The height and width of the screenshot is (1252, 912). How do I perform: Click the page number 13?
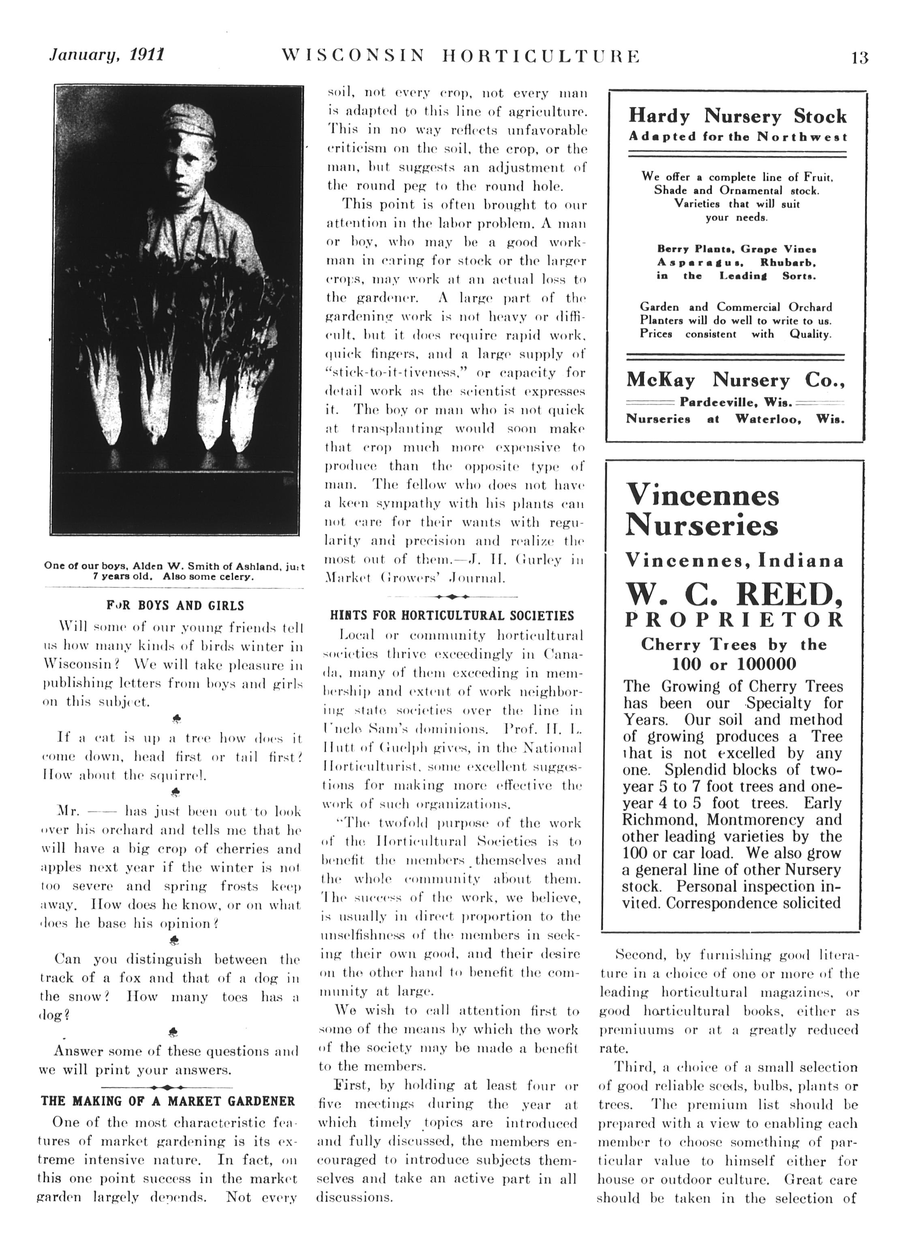[x=860, y=58]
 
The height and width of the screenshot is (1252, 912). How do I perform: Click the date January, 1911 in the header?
[x=107, y=55]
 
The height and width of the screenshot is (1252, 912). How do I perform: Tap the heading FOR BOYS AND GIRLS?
[x=175, y=606]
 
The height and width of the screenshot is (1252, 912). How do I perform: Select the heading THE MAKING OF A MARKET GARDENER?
[x=168, y=1101]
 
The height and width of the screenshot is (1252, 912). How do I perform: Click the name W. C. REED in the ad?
[x=734, y=595]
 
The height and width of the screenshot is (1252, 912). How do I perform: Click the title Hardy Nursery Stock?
[x=737, y=117]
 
